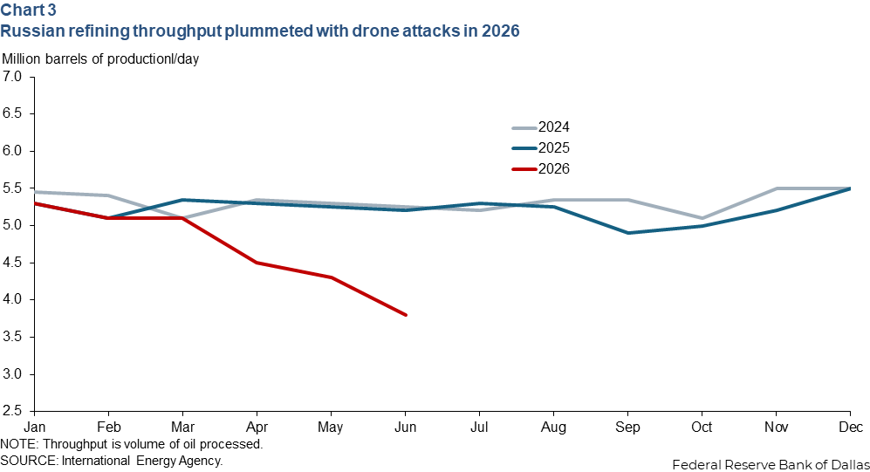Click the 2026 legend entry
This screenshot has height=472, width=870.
(541, 168)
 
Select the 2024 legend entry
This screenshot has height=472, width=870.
(541, 127)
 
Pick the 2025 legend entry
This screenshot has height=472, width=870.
(541, 148)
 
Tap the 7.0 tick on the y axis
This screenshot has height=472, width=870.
(11, 77)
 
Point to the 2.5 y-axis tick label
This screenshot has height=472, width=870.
(11, 411)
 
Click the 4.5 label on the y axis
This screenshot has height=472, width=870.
(11, 263)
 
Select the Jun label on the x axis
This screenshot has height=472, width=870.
(405, 428)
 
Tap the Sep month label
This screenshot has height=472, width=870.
(627, 428)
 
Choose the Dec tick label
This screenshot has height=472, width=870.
(851, 428)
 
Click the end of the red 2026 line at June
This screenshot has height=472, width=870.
(406, 315)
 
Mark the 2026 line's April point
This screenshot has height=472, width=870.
(257, 263)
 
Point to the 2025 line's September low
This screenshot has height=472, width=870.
(628, 233)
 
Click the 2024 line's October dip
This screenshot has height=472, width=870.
(702, 218)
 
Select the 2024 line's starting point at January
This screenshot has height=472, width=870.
(35, 192)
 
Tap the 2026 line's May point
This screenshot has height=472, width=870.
(332, 277)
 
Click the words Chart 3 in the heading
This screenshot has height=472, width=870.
(28, 10)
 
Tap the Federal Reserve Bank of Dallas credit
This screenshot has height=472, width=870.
(771, 465)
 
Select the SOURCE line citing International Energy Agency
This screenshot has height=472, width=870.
(112, 461)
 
